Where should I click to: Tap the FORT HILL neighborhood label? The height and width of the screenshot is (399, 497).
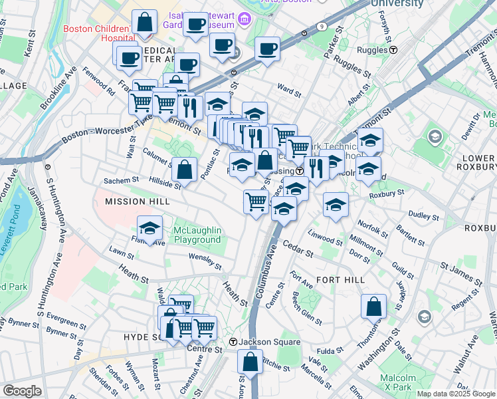point(340,280)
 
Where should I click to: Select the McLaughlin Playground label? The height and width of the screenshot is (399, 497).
point(197,235)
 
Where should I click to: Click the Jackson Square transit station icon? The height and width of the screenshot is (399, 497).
point(233,342)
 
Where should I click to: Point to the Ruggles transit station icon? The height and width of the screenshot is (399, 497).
point(393,50)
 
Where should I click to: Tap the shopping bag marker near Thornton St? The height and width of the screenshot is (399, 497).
point(374,307)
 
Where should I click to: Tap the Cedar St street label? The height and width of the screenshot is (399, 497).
point(298,249)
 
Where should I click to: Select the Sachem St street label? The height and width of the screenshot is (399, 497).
point(120,180)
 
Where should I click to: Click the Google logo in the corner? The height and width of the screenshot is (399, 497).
point(23,391)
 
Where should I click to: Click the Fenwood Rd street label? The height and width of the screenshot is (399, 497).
point(100,83)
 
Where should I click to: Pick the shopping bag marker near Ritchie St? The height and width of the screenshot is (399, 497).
point(250,362)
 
